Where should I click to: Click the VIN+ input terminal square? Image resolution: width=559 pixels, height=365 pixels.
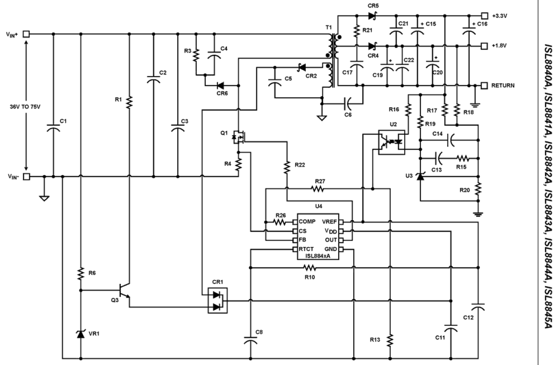pos(27,34)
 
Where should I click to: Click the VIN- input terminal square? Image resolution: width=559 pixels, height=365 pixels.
pos(27,176)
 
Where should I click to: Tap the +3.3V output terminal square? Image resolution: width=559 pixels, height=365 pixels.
pos(485,14)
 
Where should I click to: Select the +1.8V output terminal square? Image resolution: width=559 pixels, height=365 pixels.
pos(485,45)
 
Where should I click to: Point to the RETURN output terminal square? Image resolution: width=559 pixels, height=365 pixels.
pos(485,85)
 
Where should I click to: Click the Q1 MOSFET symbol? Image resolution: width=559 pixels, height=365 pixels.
pos(239,138)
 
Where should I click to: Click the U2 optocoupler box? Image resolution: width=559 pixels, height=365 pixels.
pos(391,142)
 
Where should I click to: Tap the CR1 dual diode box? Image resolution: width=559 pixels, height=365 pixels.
pos(218,300)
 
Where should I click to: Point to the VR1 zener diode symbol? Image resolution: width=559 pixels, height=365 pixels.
pos(81,334)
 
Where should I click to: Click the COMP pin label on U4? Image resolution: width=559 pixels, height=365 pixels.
pos(307,221)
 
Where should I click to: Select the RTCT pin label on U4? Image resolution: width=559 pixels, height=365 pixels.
pos(307,249)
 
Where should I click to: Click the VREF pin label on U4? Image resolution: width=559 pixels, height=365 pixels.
pos(328,221)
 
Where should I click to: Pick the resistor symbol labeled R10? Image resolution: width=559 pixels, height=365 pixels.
pos(310,268)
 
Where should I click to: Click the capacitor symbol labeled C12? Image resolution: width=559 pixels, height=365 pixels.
pos(479,307)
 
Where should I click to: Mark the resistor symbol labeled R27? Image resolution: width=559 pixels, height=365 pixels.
pos(318,189)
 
